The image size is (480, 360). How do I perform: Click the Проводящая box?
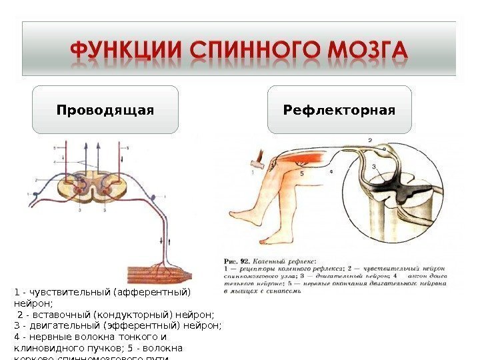tap(105, 109)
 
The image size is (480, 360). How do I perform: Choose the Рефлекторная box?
tap(339, 109)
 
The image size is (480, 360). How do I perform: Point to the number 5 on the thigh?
tap(301, 173)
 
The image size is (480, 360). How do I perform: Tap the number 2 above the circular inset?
tap(370, 140)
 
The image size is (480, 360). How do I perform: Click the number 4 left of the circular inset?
tap(331, 172)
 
